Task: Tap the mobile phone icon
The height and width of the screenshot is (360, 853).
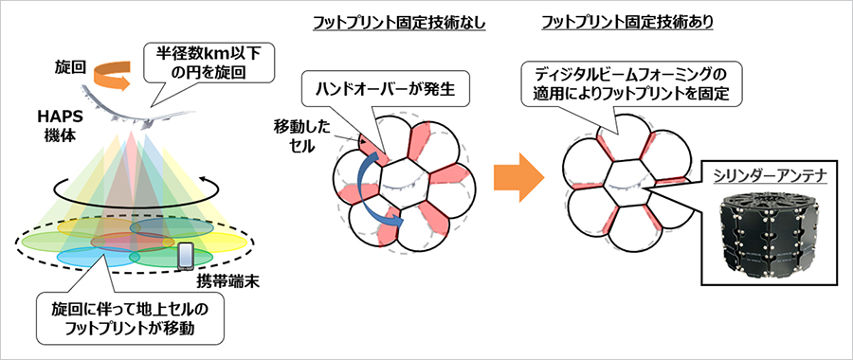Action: coord(186,254)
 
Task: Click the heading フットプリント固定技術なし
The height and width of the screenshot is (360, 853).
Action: coord(399,21)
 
